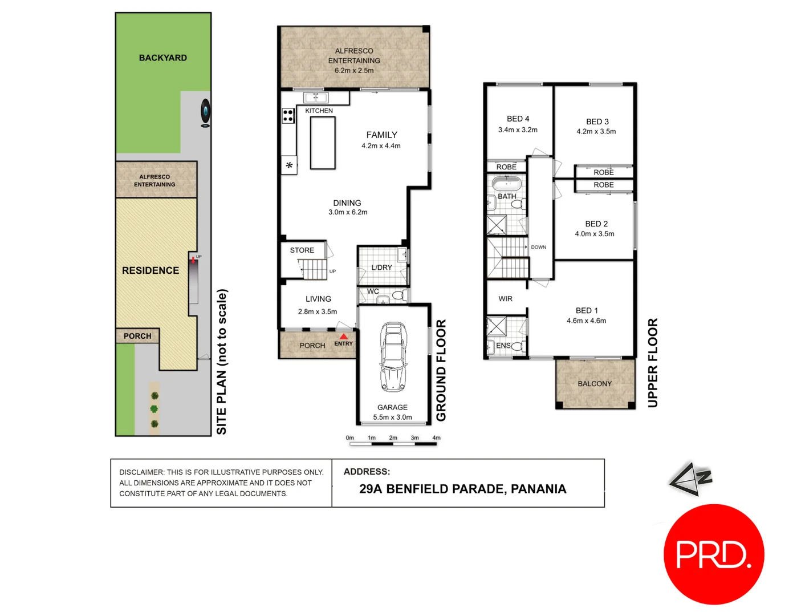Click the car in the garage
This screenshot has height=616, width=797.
(393, 358)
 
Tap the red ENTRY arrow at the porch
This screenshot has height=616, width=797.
(344, 337)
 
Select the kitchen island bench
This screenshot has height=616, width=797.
(323, 143)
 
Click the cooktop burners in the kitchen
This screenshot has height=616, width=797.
(288, 116)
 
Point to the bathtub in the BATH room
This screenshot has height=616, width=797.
(506, 184)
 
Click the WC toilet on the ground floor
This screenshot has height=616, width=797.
(398, 295)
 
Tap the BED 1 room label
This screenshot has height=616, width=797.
(587, 310)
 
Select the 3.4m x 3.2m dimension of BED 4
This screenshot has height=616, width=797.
(518, 130)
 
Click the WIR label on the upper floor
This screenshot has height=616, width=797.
(505, 299)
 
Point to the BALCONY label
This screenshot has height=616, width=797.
(595, 384)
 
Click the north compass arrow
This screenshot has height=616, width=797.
(689, 480)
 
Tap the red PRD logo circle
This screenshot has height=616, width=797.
(714, 554)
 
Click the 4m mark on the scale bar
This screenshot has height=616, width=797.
(436, 438)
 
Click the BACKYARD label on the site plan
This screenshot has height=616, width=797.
(163, 58)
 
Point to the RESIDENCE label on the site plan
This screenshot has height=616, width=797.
(151, 270)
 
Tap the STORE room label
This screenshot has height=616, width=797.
(302, 250)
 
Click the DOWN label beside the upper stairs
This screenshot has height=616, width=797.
(538, 247)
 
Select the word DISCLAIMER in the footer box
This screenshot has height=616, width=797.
(141, 472)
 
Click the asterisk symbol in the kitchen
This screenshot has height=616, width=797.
(290, 165)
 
